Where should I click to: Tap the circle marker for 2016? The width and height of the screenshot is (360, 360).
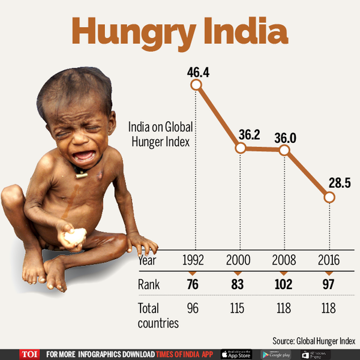(328, 197)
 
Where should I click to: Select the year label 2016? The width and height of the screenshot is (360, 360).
(328, 261)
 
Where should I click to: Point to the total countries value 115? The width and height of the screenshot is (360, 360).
(239, 308)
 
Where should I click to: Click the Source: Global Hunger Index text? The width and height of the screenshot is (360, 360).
(314, 341)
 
